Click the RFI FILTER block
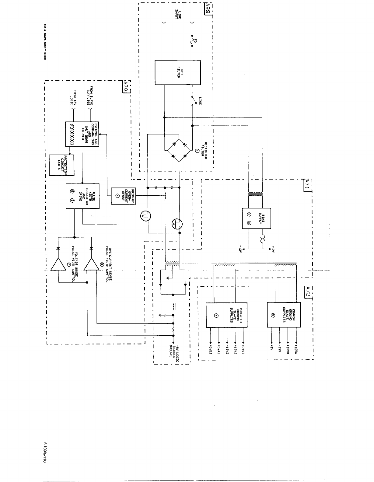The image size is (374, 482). [177, 72]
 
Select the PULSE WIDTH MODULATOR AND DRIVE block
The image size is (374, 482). [82, 196]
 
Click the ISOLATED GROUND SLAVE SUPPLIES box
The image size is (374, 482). [226, 315]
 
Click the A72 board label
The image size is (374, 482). [308, 292]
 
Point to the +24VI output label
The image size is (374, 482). [243, 349]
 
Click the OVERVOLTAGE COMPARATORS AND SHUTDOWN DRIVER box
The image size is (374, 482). [82, 134]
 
